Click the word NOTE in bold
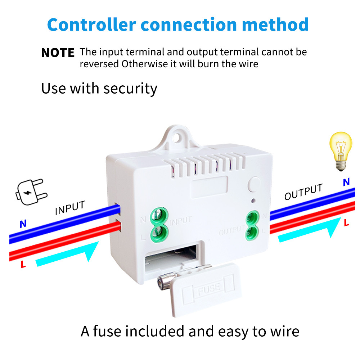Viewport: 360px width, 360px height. coord(58,53)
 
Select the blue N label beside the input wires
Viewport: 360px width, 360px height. coord(23,224)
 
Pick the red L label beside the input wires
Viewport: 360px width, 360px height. coord(23,265)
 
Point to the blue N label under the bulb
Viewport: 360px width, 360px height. coord(346,182)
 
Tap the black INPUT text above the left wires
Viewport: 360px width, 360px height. coord(70,208)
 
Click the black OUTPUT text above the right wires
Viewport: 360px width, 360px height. coord(303,192)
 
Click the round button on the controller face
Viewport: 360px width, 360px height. coord(255,184)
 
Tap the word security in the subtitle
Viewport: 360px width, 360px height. coord(130,88)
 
